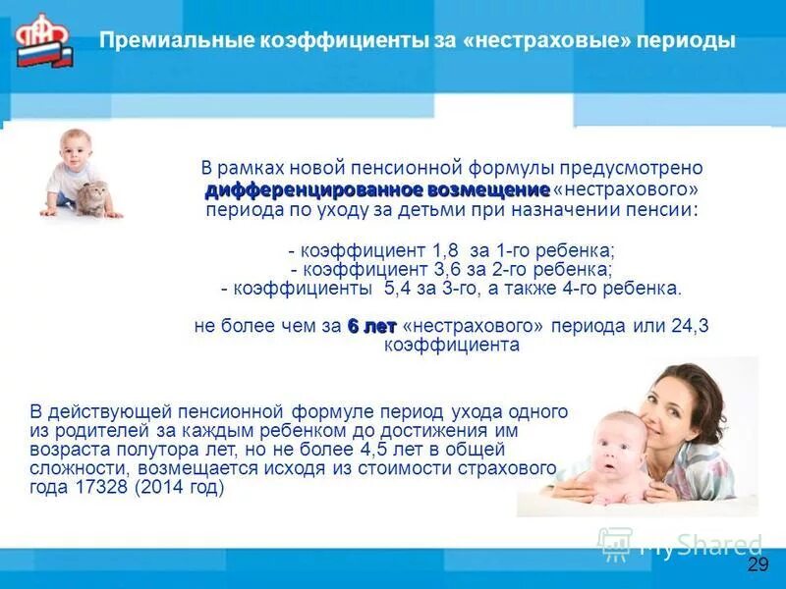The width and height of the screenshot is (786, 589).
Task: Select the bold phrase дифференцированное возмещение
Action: (x=377, y=188)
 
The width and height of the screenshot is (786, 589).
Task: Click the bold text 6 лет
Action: (x=371, y=326)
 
